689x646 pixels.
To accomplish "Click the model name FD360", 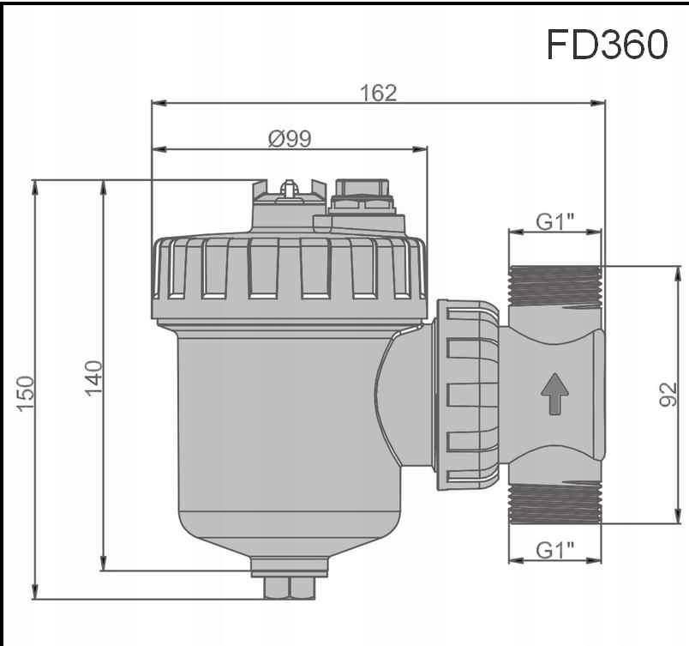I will coord(607,45).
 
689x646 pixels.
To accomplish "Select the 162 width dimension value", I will coord(379,93).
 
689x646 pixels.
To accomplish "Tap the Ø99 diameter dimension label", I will coord(289,138).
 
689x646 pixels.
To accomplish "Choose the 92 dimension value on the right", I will coord(669,395).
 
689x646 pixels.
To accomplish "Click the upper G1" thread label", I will coord(555,221).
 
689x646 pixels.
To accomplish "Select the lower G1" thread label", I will coord(555,550).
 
